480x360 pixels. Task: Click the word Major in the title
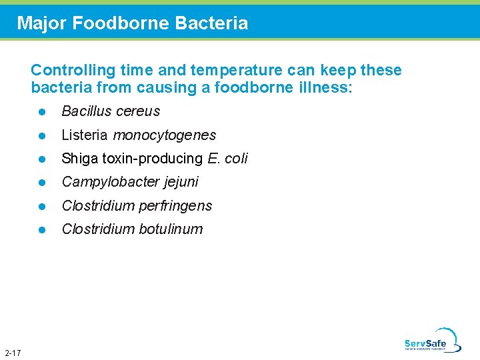point(42,23)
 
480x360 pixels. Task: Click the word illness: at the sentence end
point(325,87)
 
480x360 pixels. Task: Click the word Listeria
point(85,135)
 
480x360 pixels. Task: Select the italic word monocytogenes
point(165,135)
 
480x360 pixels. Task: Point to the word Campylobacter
point(105,181)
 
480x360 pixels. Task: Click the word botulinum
point(171,229)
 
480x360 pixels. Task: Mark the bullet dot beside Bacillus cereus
point(41,112)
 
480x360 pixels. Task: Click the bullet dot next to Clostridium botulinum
point(41,229)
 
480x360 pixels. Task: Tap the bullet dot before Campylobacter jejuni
point(41,182)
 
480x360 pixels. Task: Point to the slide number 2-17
point(12,352)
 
